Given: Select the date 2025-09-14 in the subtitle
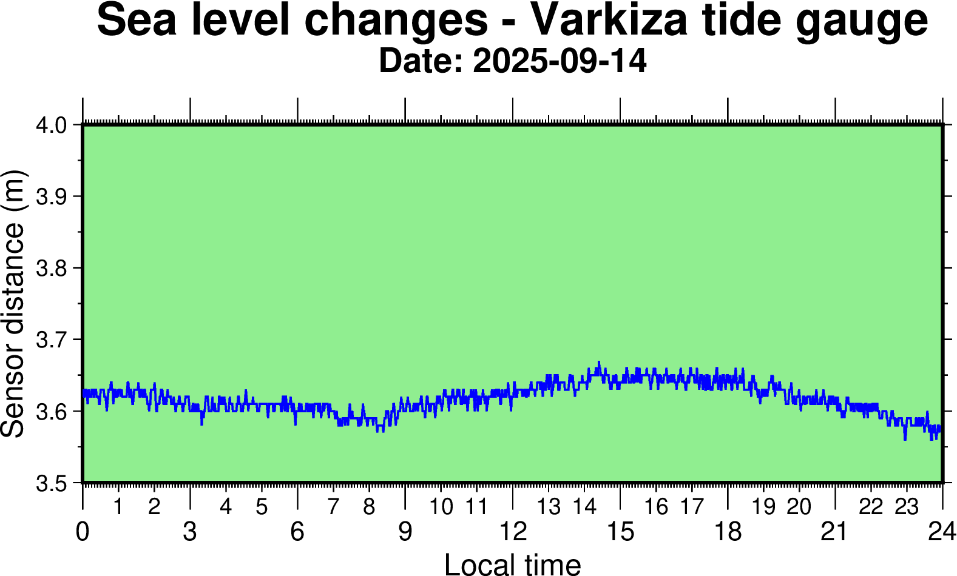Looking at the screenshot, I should coord(560,62).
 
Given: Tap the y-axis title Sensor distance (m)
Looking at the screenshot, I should coord(13,303).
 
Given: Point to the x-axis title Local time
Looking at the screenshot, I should coord(513,564).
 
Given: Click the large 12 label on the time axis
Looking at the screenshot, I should coord(513,532).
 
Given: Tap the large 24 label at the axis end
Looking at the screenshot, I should coord(942,532).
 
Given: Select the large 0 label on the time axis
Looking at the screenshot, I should coord(83,532).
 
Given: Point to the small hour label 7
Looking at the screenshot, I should coord(333,507).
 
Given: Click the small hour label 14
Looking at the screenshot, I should coord(584,507).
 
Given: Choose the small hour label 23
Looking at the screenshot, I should coord(907,507).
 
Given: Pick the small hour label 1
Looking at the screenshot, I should coord(118,507).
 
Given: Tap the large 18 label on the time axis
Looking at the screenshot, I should coord(728,532).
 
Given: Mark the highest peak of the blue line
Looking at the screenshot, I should coord(598,363).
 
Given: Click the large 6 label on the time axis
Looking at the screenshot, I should coord(297,532).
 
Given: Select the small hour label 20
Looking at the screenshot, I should coord(799,507).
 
